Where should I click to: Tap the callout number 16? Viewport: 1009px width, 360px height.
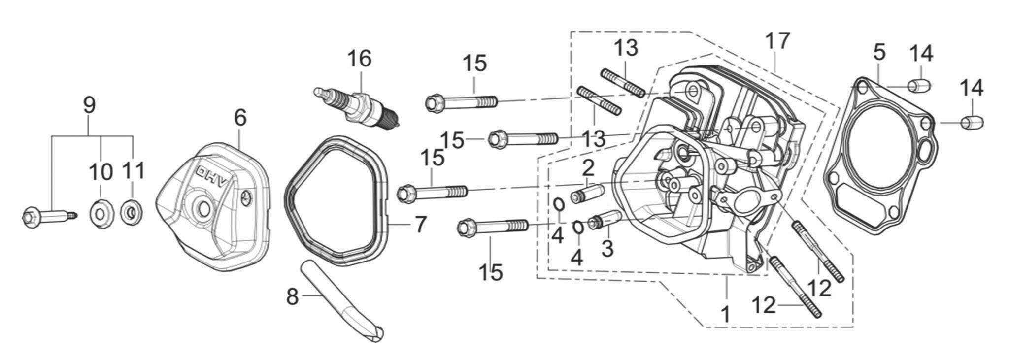coord(359,59)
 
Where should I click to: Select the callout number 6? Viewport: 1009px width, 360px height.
coord(240,118)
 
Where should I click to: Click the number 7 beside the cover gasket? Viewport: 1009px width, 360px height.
coord(419,224)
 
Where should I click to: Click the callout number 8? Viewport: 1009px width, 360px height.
coord(293,296)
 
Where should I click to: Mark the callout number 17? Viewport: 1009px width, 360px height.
coord(778,41)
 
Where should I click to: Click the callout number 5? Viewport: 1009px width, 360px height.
coord(880,52)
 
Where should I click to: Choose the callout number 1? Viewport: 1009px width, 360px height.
coord(725,313)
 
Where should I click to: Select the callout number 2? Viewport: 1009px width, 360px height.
coord(587,169)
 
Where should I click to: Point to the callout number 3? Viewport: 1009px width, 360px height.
coord(608,248)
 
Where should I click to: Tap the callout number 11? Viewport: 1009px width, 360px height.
coord(134,171)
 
